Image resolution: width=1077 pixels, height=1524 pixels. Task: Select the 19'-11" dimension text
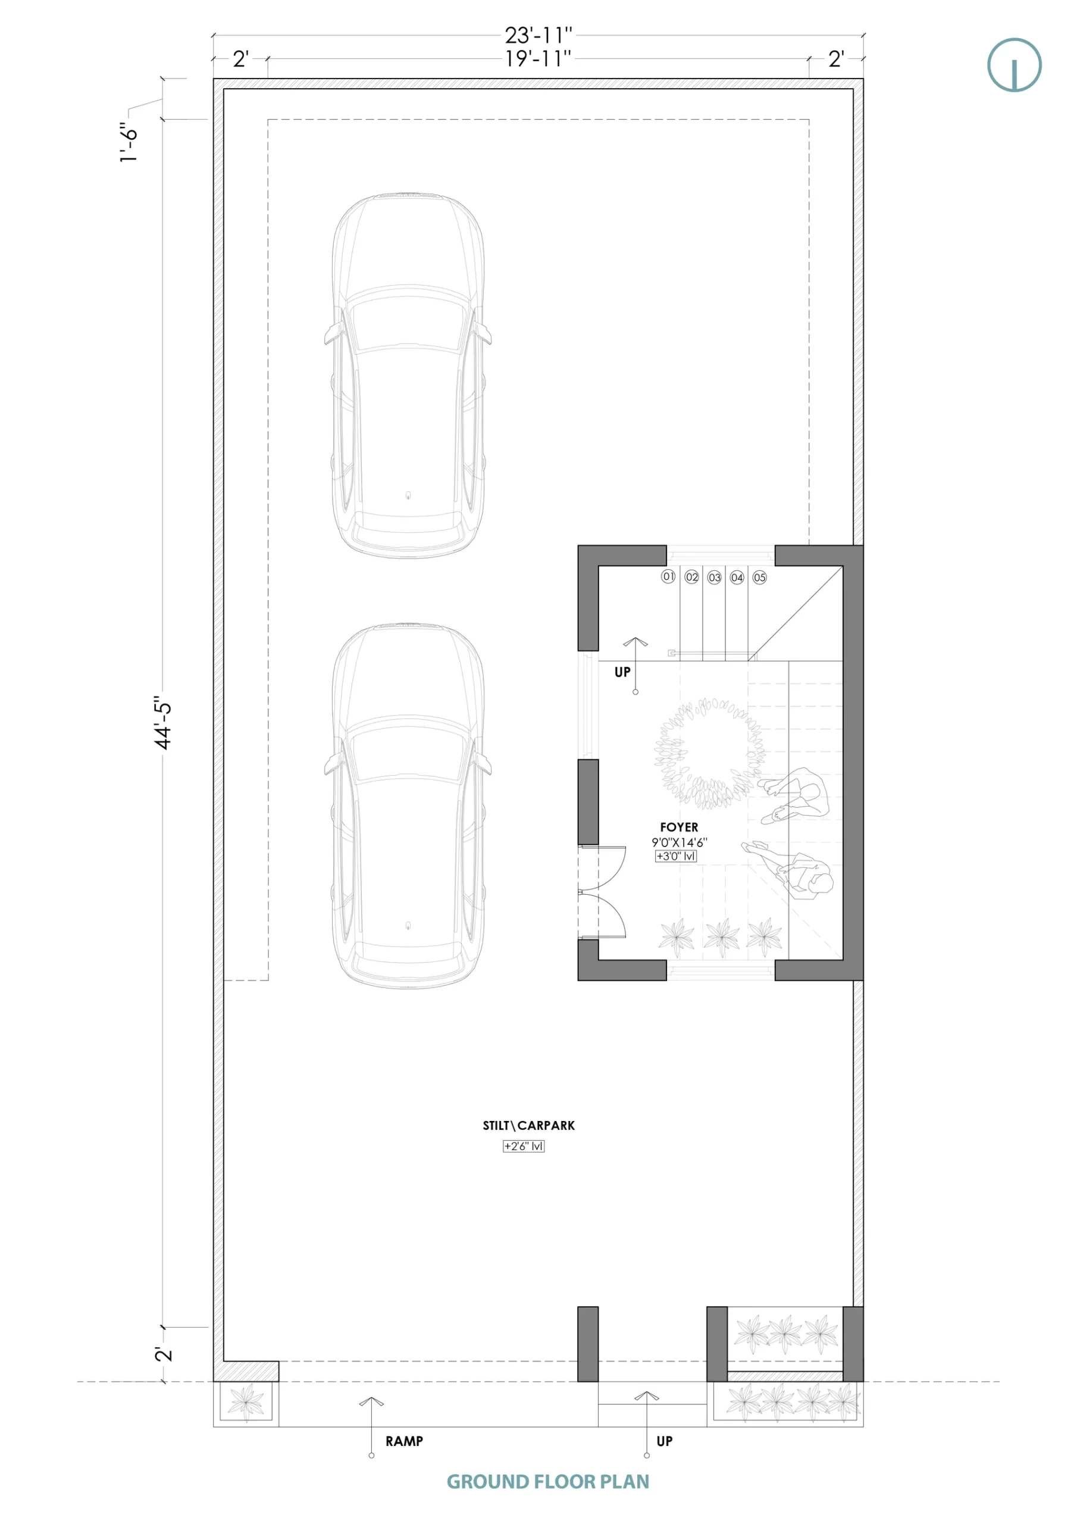click(x=538, y=58)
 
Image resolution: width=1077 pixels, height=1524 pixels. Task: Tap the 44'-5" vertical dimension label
click(x=163, y=723)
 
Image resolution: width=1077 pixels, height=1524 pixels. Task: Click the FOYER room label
click(x=679, y=827)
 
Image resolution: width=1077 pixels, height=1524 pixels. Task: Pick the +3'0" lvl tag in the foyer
click(x=675, y=856)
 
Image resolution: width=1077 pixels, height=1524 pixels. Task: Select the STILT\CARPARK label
click(x=528, y=1125)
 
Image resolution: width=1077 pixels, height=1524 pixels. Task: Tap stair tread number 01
click(x=668, y=576)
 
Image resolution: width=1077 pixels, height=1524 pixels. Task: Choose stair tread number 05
click(x=760, y=577)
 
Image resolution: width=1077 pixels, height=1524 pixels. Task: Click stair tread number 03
click(x=714, y=577)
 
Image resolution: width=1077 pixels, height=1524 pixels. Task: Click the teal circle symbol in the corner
click(x=1014, y=65)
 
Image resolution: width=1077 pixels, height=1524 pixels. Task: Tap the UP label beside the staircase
click(x=622, y=672)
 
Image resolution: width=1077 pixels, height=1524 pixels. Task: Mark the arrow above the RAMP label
click(x=372, y=1427)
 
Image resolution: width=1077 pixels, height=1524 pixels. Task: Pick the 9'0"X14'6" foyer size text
click(x=679, y=842)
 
